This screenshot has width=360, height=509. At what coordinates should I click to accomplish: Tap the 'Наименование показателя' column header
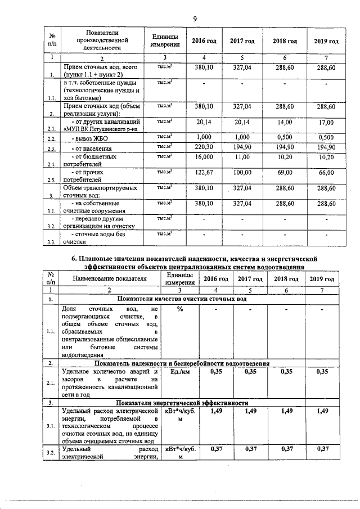point(109,279)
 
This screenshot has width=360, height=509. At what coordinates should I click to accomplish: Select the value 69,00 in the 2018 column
point(284,172)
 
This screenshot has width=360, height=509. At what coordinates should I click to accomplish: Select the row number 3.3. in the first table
point(51,242)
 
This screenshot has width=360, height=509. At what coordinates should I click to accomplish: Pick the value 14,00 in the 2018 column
point(284,121)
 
